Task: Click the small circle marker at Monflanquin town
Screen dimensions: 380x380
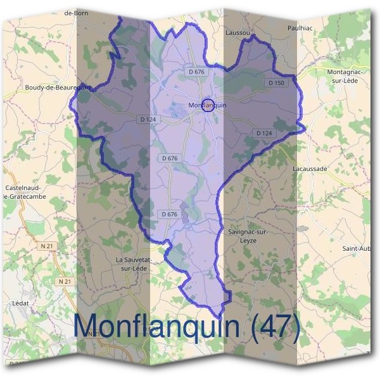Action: coord(207,106)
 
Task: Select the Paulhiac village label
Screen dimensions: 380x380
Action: coord(300,28)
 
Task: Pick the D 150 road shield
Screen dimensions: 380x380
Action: coord(277,83)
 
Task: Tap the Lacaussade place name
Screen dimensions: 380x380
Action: coord(310,169)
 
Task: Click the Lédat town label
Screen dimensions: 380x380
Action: coord(21,303)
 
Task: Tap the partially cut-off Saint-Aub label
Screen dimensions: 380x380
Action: coord(357,248)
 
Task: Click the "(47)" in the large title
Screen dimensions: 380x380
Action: coord(275,326)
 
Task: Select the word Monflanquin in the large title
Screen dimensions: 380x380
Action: coord(158,326)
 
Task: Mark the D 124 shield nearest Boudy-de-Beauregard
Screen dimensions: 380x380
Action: coord(147,119)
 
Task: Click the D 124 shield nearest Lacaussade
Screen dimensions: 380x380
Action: coord(263,132)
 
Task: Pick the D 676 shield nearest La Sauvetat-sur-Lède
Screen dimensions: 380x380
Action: coord(169,214)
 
